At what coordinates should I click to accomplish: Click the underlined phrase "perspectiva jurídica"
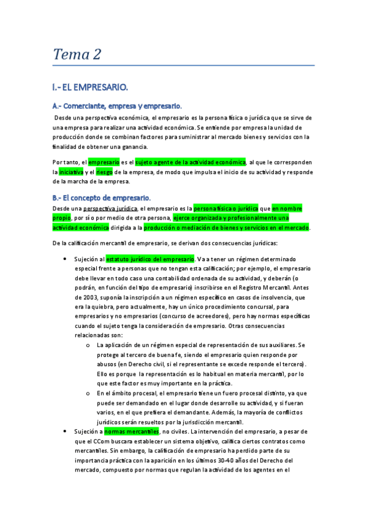coord(109,208)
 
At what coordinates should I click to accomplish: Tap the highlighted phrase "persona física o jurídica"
coord(226,208)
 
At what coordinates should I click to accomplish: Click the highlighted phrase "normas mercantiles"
coord(132,431)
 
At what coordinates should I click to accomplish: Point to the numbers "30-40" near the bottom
coord(244,461)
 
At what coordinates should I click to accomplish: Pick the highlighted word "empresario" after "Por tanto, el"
coord(104,162)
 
